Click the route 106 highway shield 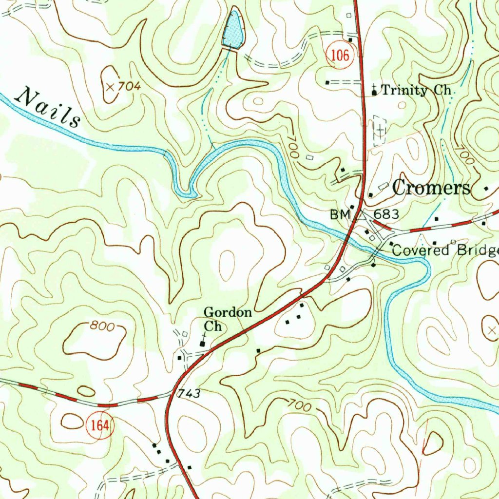[338, 56]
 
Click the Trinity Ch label [418, 90]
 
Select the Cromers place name [432, 188]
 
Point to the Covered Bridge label [445, 250]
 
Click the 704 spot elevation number [129, 87]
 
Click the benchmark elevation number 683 [386, 214]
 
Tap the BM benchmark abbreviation [340, 214]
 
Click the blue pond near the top [232, 30]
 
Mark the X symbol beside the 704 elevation [110, 87]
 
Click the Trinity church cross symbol [374, 90]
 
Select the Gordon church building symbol [203, 344]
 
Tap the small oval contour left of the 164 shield [72, 421]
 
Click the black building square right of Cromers [486, 188]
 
